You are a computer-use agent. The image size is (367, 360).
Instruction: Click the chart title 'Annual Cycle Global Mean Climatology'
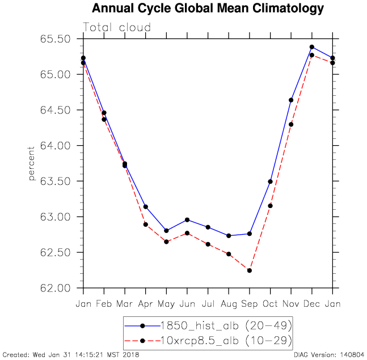(x=208, y=9)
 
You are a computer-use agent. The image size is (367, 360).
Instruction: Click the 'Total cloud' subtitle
(x=117, y=27)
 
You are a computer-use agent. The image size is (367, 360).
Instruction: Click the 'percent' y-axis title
(x=32, y=163)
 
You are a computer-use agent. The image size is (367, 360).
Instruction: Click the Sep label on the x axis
(x=250, y=304)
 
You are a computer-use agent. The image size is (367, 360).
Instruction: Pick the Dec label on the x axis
(x=312, y=304)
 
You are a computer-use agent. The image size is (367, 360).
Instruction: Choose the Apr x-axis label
(x=146, y=304)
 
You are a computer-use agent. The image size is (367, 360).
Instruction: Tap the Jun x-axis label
(x=187, y=304)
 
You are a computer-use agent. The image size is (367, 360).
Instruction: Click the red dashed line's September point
(x=250, y=270)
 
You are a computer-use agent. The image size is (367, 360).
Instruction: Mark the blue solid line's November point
(x=291, y=100)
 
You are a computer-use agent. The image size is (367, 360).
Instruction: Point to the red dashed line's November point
(x=291, y=124)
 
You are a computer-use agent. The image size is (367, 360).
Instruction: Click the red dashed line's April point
(x=146, y=225)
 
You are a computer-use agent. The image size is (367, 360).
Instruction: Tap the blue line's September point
(x=250, y=234)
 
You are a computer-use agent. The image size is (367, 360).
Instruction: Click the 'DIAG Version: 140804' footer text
(x=329, y=355)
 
